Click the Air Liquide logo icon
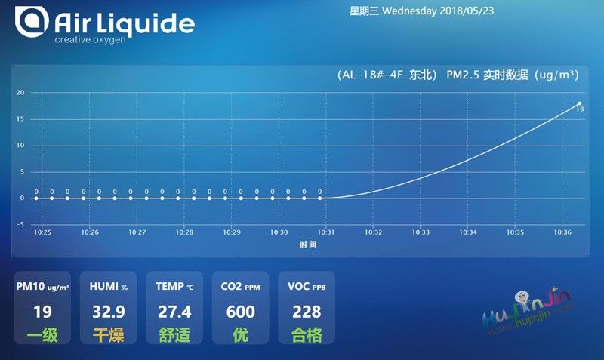pyautogui.click(x=32, y=22)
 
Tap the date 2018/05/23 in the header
pyautogui.click(x=467, y=11)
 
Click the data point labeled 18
pyautogui.click(x=579, y=103)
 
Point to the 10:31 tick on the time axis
pyautogui.click(x=326, y=232)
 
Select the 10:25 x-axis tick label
pyautogui.click(x=42, y=232)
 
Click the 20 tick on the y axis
pyautogui.click(x=20, y=92)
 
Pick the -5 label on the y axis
pyautogui.click(x=20, y=224)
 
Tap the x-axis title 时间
pyautogui.click(x=308, y=245)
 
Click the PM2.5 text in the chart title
pyautogui.click(x=462, y=75)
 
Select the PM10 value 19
pyautogui.click(x=42, y=312)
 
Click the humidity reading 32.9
pyautogui.click(x=109, y=312)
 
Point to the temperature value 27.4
pyautogui.click(x=174, y=312)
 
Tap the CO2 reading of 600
pyautogui.click(x=241, y=312)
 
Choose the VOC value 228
pyautogui.click(x=307, y=312)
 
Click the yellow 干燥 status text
pyautogui.click(x=109, y=335)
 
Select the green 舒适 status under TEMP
pyautogui.click(x=174, y=335)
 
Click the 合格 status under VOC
pyautogui.click(x=307, y=335)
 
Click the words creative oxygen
pyautogui.click(x=90, y=40)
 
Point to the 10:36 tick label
pyautogui.click(x=562, y=232)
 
